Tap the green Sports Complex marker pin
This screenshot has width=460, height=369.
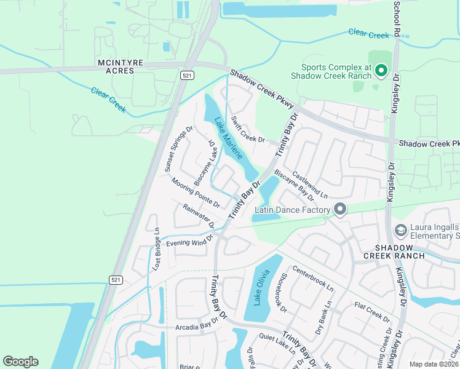(x=381, y=71)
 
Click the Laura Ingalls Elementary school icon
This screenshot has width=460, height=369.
(x=401, y=230)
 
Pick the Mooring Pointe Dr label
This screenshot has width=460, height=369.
(x=196, y=192)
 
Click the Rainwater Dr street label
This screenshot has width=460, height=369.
(x=199, y=215)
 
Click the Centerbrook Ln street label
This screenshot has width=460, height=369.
(x=312, y=279)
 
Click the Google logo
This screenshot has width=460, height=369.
(x=20, y=362)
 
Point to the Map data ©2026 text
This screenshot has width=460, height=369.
(x=434, y=364)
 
